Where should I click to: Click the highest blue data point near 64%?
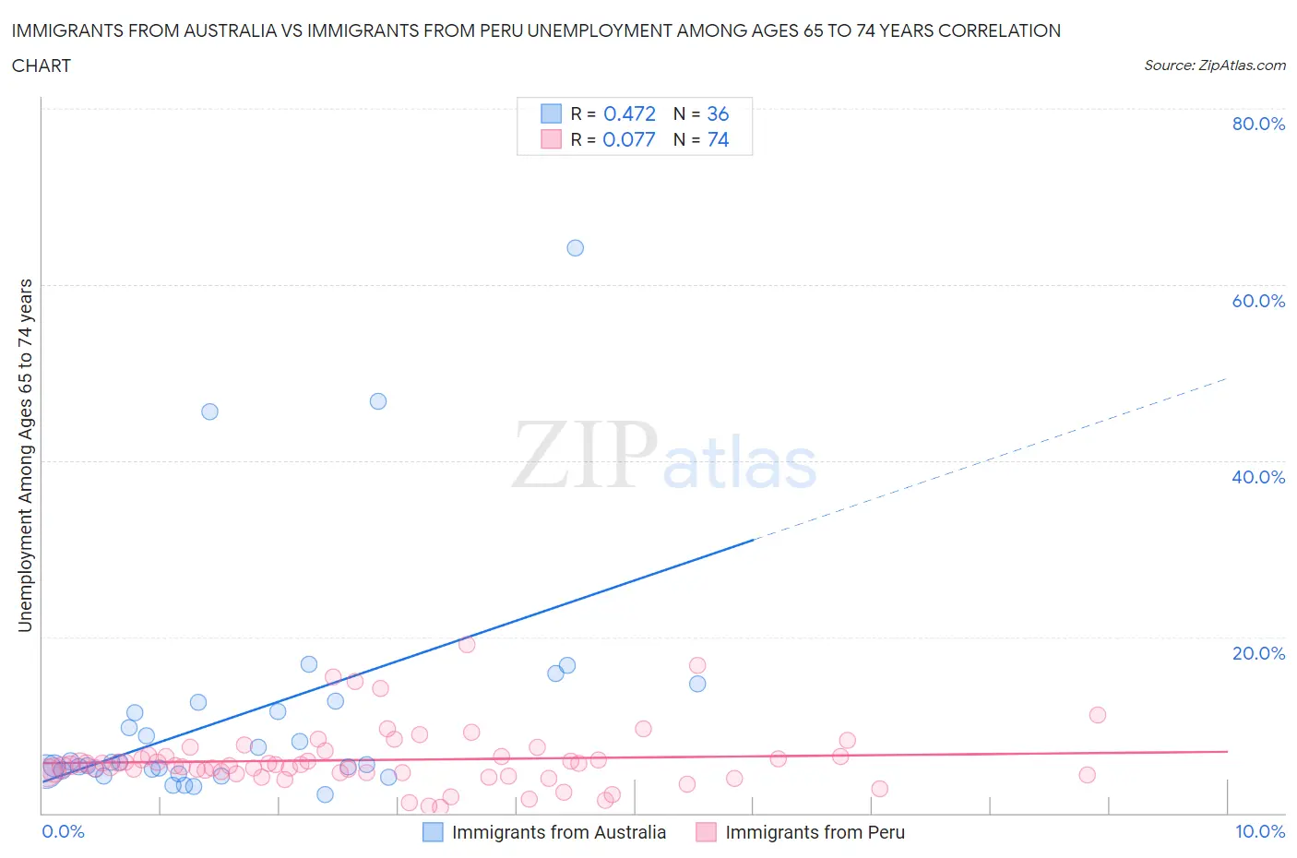click(575, 247)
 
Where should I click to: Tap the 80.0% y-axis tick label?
click(1258, 124)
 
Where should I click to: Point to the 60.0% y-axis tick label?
click(1258, 301)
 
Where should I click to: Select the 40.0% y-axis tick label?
click(1258, 477)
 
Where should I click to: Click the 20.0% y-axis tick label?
click(1258, 653)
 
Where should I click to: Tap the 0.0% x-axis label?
click(64, 831)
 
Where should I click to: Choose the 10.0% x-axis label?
click(1260, 831)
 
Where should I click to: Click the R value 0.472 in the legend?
click(629, 113)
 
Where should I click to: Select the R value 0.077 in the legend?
click(629, 139)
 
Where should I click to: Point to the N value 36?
click(718, 113)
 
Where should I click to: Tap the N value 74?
click(718, 139)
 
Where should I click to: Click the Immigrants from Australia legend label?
click(558, 832)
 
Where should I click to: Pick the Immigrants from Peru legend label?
click(815, 832)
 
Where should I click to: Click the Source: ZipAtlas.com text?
click(1214, 66)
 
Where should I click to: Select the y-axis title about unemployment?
click(25, 456)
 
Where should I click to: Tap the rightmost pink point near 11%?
click(1097, 715)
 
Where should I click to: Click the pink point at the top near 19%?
click(467, 645)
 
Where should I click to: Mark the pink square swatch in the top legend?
click(551, 139)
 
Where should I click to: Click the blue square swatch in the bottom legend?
click(433, 832)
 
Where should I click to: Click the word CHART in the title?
click(42, 66)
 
